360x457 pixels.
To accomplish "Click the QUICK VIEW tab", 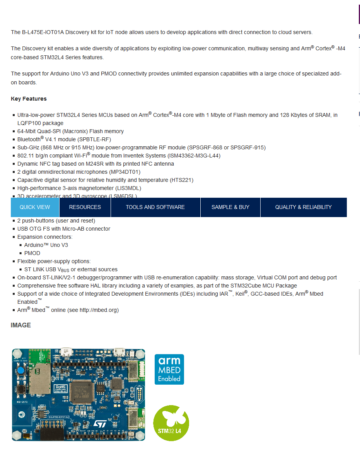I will click(35, 207).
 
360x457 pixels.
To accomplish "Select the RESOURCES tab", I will click(85, 207).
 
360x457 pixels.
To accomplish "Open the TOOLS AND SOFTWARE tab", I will click(155, 207).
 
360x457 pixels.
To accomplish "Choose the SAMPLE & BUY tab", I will click(230, 207).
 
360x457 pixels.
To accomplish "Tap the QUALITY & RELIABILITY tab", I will click(303, 207).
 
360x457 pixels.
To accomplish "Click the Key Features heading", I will click(29, 99).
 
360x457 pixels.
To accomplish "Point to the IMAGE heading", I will click(21, 325).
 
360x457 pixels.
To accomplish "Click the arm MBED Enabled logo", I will click(169, 369).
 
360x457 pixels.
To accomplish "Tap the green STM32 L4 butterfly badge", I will click(171, 423).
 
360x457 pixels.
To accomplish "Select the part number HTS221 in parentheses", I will click(181, 180).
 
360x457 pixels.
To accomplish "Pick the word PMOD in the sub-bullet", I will click(32, 253).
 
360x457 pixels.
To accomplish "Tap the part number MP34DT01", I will click(126, 172).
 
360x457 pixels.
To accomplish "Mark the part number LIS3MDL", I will click(128, 188).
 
